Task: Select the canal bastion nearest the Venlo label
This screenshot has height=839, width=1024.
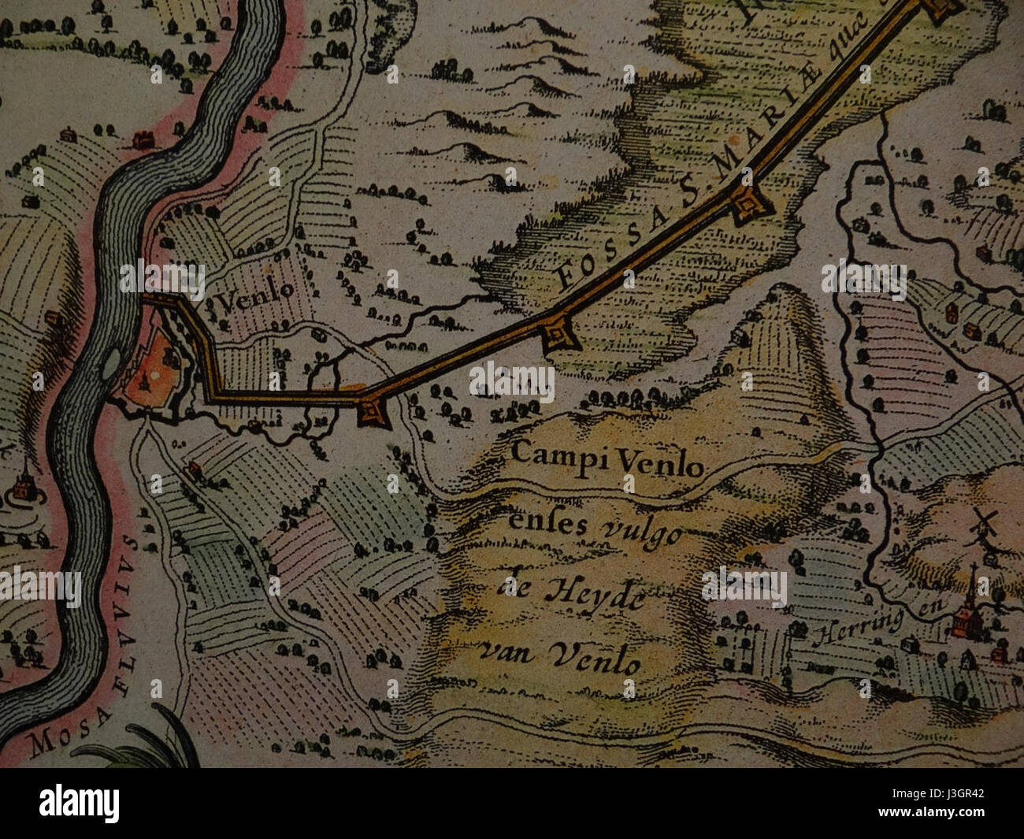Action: click(x=369, y=411)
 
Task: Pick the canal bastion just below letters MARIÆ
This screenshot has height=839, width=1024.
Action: click(x=747, y=206)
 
